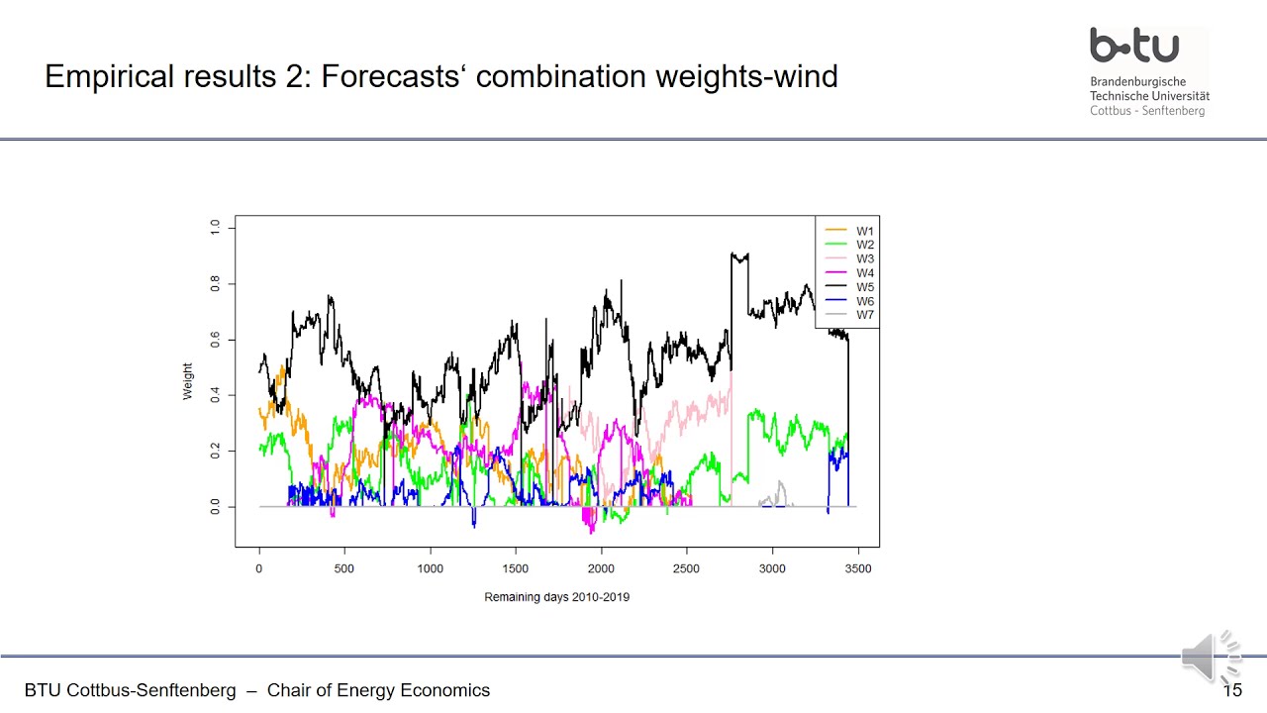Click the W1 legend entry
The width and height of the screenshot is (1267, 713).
pos(864,231)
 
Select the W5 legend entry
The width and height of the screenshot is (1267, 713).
pos(864,287)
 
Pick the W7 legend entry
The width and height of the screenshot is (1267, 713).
pos(864,315)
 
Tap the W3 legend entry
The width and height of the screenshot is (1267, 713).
pos(864,258)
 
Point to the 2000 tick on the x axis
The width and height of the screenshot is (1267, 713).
pos(601,568)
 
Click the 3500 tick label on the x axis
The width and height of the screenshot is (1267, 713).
pos(857,568)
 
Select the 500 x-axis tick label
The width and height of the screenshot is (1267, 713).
pos(344,568)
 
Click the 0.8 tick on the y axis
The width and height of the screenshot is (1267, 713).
pos(216,284)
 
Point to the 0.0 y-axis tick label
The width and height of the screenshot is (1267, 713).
pos(216,507)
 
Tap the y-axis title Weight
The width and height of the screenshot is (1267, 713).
pos(188,381)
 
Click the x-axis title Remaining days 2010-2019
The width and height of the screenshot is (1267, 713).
pos(556,597)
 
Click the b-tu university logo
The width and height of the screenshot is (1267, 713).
pos(1134,46)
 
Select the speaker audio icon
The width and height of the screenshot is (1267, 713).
pos(1211,657)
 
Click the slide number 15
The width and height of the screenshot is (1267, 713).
pos(1232,690)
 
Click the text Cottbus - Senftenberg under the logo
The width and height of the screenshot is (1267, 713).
pos(1147,111)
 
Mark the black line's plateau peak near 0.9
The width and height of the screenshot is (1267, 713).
pos(738,256)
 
